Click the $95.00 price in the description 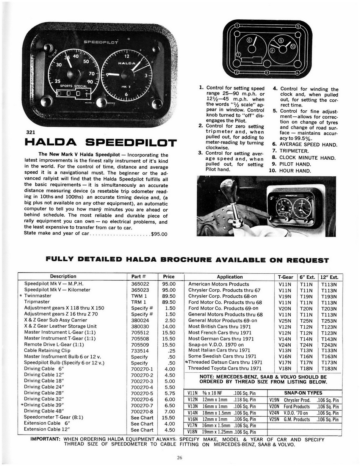tap(159, 234)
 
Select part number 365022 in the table tap(140, 284)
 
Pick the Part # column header tap(139, 276)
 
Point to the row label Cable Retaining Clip tap(47, 351)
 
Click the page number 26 tap(179, 457)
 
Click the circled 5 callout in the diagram tap(298, 27)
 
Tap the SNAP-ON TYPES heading tap(303, 393)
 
